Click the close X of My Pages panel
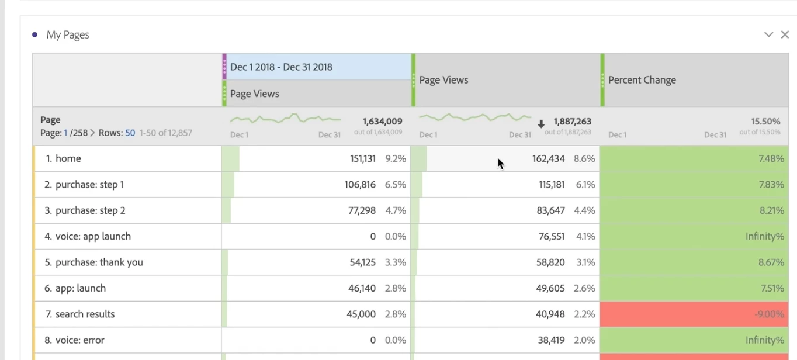[x=785, y=34]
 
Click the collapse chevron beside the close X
[x=768, y=34]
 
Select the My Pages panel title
[x=68, y=35]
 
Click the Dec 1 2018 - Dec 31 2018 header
[x=281, y=67]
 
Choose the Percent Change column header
[x=642, y=80]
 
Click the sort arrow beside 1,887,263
[x=541, y=124]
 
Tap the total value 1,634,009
[x=382, y=122]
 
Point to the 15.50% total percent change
[x=765, y=122]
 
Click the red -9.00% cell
[x=768, y=314]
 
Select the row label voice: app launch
[x=93, y=237]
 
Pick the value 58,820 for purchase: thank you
[x=550, y=262]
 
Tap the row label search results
[x=85, y=314]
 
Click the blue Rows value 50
[x=130, y=133]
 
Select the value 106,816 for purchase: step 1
[x=360, y=185]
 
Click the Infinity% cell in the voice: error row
[x=764, y=340]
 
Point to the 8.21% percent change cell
[x=771, y=210]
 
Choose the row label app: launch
[x=81, y=288]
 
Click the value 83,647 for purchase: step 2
[x=550, y=210]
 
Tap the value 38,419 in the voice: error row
[x=550, y=340]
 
